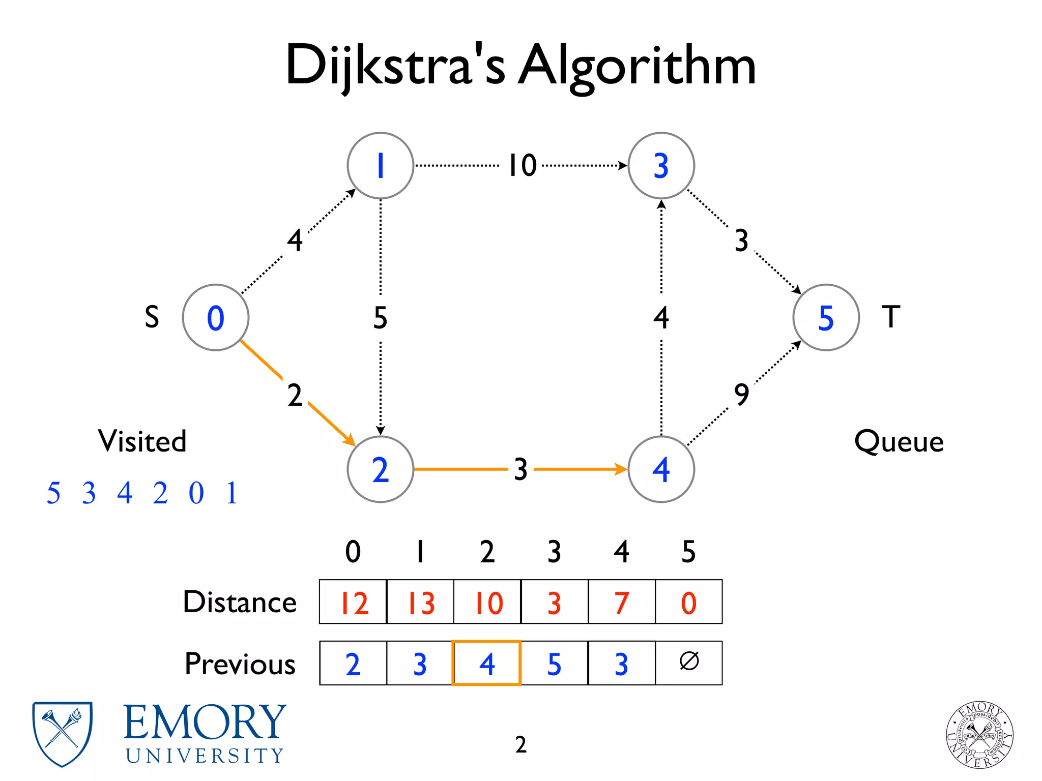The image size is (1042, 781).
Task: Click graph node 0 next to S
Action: (x=216, y=318)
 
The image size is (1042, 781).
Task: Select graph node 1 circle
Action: (x=380, y=166)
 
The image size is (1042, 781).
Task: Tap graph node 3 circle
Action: (x=661, y=166)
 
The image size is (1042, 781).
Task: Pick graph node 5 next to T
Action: (x=826, y=318)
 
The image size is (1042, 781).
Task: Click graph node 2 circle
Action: (x=380, y=469)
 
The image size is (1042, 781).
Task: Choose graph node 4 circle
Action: (x=661, y=469)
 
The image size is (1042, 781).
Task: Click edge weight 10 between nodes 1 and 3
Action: (x=523, y=166)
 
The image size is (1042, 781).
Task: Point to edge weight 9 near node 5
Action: (x=742, y=394)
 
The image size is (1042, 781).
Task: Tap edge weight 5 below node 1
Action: (x=380, y=318)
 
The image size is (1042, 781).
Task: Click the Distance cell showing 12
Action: (x=353, y=602)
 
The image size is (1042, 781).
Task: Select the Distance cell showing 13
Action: (x=420, y=602)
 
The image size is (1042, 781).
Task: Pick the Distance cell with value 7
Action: (x=621, y=602)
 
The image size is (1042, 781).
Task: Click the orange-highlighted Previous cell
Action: (x=486, y=663)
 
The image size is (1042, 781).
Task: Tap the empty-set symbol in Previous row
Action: (x=689, y=662)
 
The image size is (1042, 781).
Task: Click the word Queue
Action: (x=899, y=441)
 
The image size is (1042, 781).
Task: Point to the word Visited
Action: (x=142, y=441)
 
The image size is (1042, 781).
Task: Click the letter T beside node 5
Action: (x=891, y=317)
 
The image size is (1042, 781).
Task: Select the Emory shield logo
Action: (x=62, y=734)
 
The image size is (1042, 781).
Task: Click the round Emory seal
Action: (x=979, y=735)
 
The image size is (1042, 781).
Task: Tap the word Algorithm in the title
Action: (x=636, y=66)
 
